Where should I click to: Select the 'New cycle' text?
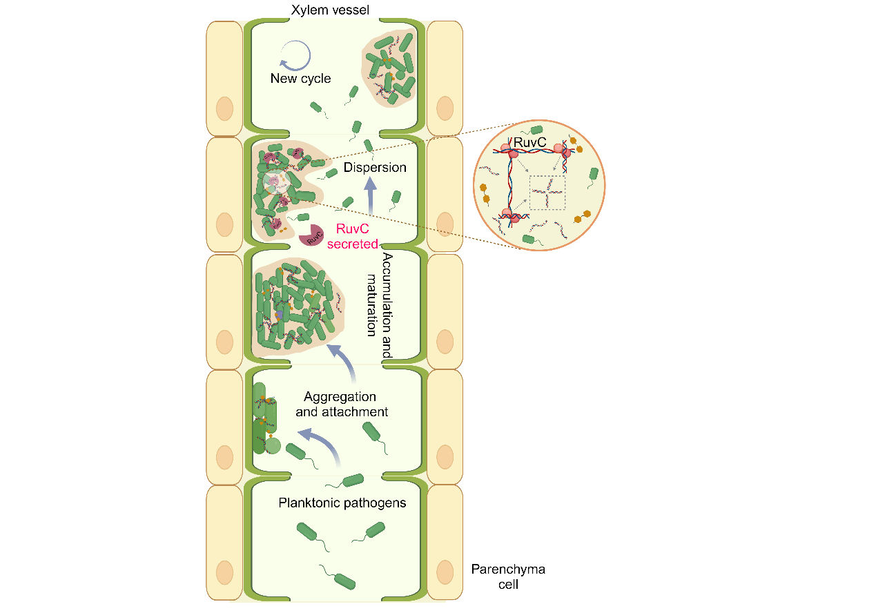point(300,79)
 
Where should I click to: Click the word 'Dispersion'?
point(376,168)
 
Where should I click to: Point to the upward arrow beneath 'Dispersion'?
point(371,196)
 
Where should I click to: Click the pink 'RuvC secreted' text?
point(357,236)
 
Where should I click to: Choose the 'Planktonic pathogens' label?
point(342,503)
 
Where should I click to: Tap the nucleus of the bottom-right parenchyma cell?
point(445,572)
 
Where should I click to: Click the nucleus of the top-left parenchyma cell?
point(224,108)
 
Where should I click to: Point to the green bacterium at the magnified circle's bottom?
point(528,239)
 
